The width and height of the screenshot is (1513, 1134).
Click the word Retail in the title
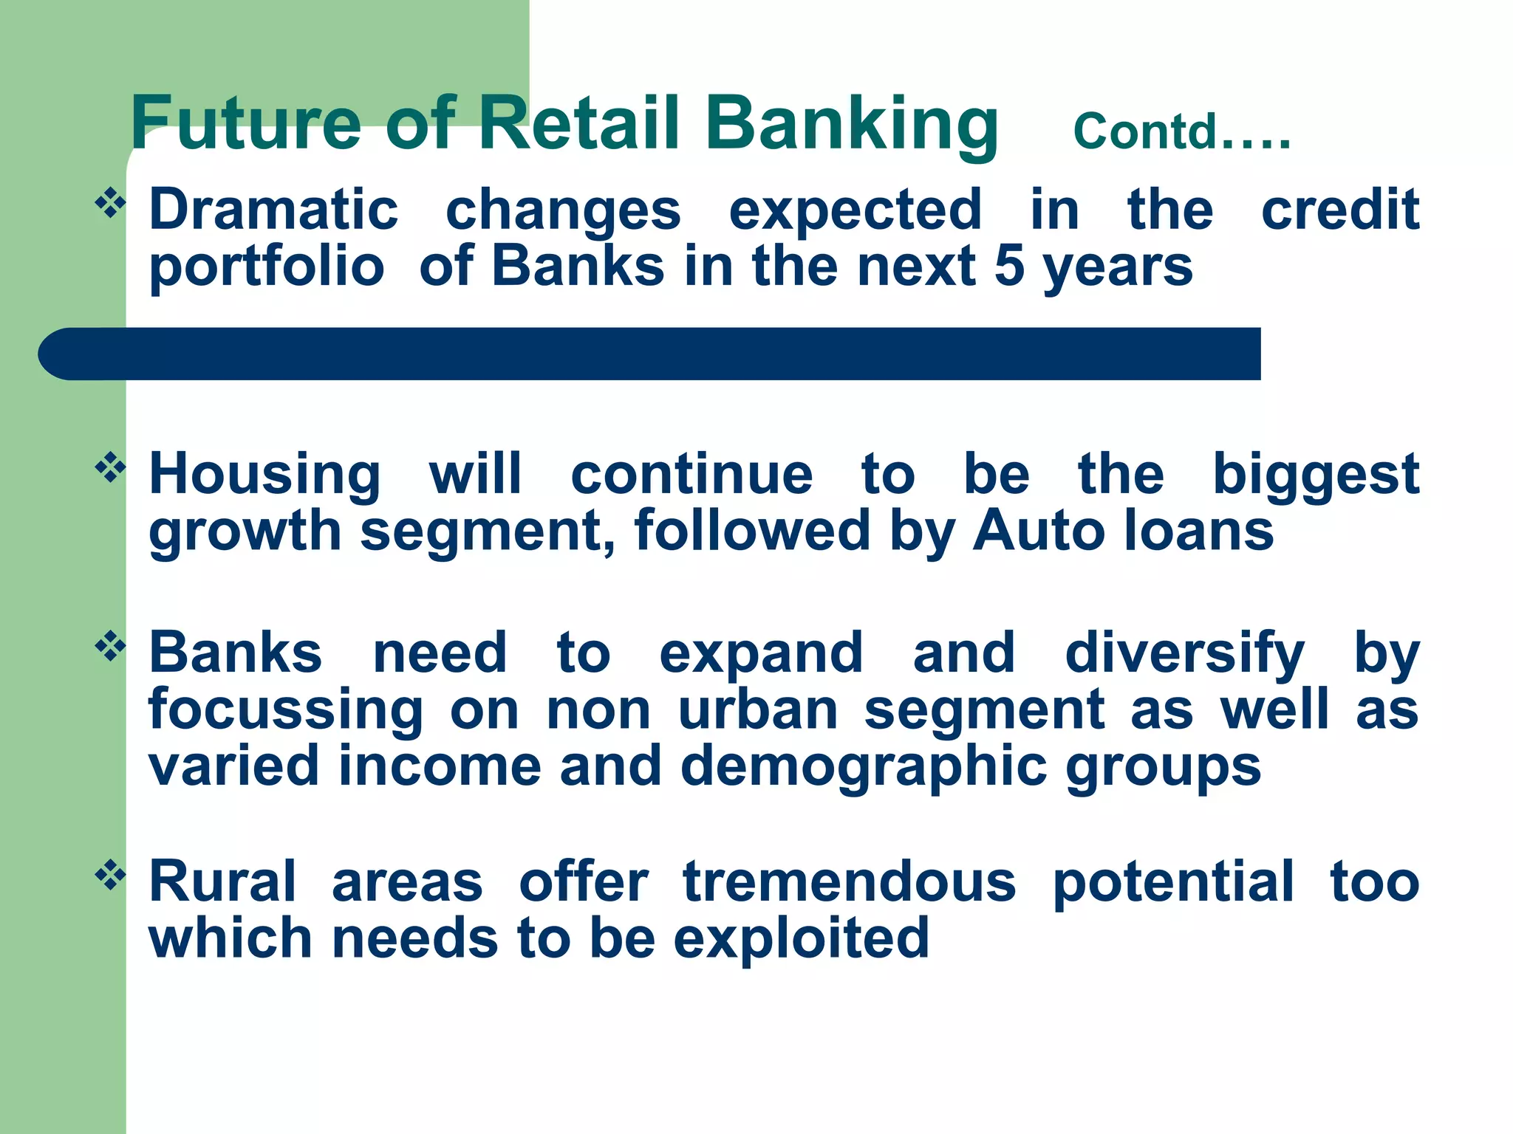coord(578,123)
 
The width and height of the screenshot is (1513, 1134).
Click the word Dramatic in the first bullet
coord(273,210)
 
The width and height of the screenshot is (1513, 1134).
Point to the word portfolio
coord(267,267)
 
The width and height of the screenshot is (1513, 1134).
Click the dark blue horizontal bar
coord(650,354)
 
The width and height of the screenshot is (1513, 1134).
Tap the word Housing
coord(264,475)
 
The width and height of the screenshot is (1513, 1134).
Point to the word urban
coord(757,709)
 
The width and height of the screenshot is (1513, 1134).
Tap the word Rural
coord(222,882)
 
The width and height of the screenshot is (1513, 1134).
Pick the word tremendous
coord(849,882)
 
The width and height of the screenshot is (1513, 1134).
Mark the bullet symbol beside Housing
coord(110,467)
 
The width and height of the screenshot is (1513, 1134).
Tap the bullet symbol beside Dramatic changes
coord(110,203)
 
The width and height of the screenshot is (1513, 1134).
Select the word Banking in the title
coord(851,123)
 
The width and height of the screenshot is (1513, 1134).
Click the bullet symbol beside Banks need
coord(110,647)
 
